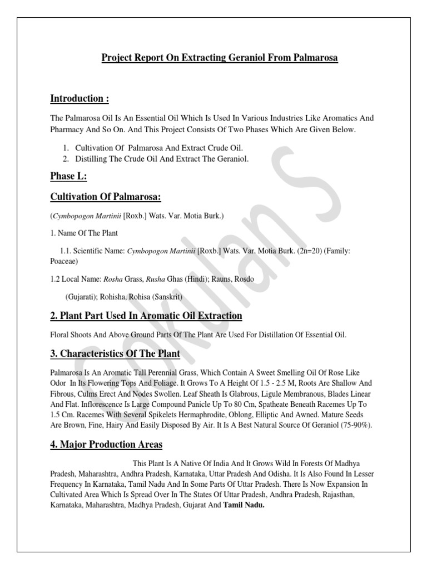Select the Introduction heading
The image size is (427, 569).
pyautogui.click(x=80, y=99)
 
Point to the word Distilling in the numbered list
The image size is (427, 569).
pyautogui.click(x=90, y=159)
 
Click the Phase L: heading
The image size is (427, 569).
pyautogui.click(x=69, y=177)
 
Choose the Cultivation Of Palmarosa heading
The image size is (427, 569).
pyautogui.click(x=106, y=198)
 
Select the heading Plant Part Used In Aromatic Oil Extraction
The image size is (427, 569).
pyautogui.click(x=146, y=316)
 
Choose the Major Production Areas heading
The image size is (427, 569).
pyautogui.click(x=106, y=444)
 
